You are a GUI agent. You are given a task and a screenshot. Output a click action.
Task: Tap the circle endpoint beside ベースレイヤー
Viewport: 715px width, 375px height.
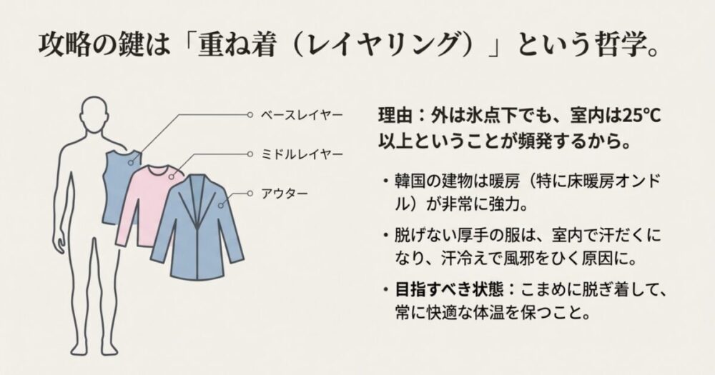(250, 114)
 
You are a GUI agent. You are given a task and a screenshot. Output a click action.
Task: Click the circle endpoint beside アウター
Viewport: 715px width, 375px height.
(250, 193)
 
